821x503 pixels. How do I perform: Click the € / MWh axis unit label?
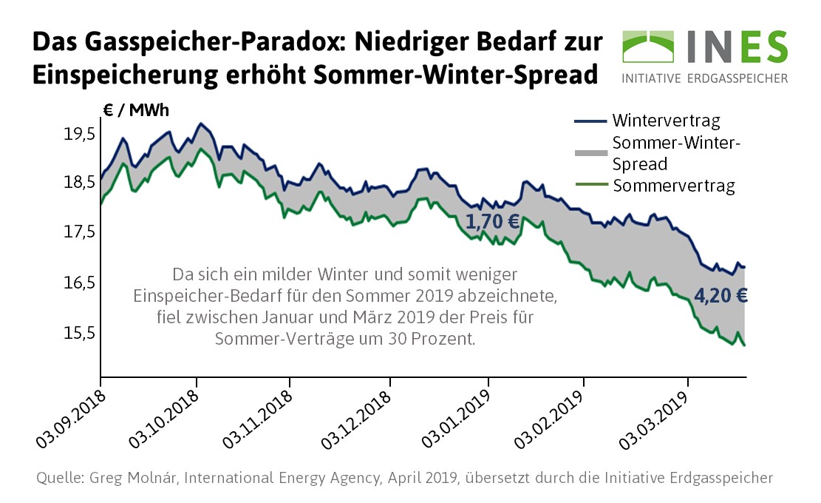[136, 111]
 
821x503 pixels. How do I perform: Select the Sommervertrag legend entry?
[673, 186]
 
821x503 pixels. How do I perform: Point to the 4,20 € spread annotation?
[721, 297]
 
